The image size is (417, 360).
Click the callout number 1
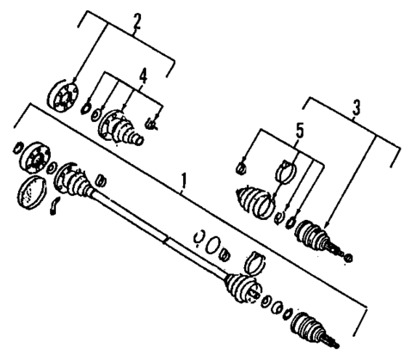183,181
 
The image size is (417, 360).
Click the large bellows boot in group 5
255,202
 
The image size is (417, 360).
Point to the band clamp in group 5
287,174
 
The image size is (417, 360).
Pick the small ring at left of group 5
242,166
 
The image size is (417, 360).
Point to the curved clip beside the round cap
53,206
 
